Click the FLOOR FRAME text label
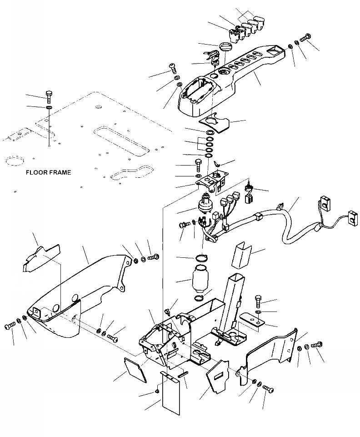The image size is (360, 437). coord(48,173)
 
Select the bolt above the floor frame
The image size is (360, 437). coord(49,96)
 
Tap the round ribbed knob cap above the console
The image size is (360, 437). coord(225,47)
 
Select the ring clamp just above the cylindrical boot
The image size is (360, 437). coord(201,258)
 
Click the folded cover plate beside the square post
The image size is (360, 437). coord(241,256)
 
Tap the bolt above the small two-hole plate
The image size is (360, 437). coord(258,300)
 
